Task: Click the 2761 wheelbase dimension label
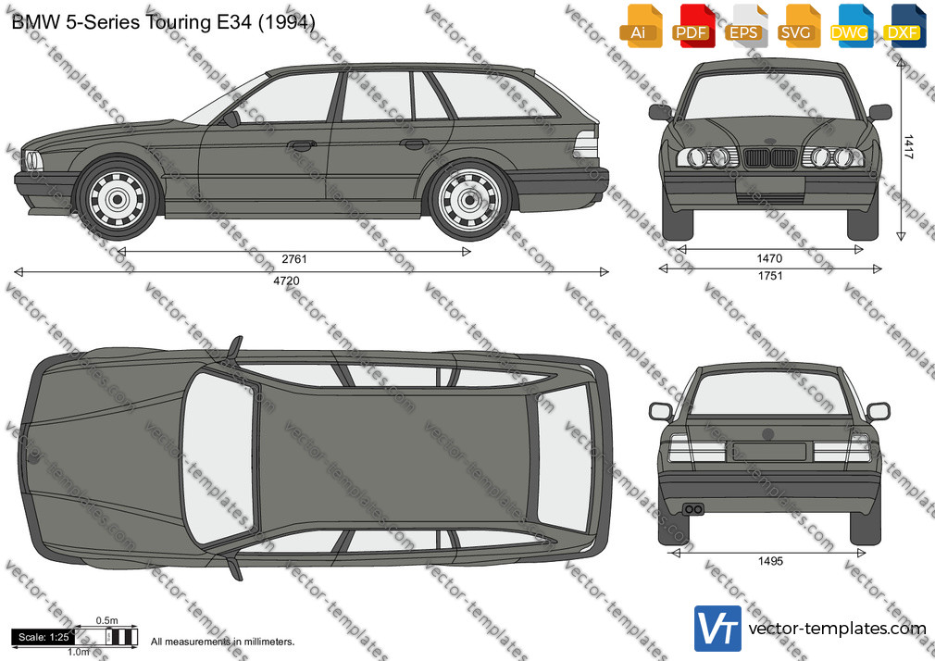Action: click(294, 259)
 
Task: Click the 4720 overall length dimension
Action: click(286, 281)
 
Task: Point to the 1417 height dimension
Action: click(907, 147)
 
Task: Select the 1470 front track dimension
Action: click(769, 258)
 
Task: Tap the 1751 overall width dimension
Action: click(770, 276)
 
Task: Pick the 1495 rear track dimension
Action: click(770, 561)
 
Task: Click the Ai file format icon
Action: click(641, 26)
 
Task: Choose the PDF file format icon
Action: click(692, 26)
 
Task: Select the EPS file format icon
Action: click(746, 26)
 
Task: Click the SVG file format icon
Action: click(799, 26)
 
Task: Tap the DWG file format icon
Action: click(852, 26)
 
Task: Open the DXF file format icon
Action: click(904, 26)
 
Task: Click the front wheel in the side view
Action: click(118, 199)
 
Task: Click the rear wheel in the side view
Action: click(469, 199)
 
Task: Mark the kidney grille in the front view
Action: click(770, 157)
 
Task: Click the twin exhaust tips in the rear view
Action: click(693, 509)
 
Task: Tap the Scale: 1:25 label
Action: click(44, 637)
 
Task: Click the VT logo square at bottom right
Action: click(718, 629)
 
